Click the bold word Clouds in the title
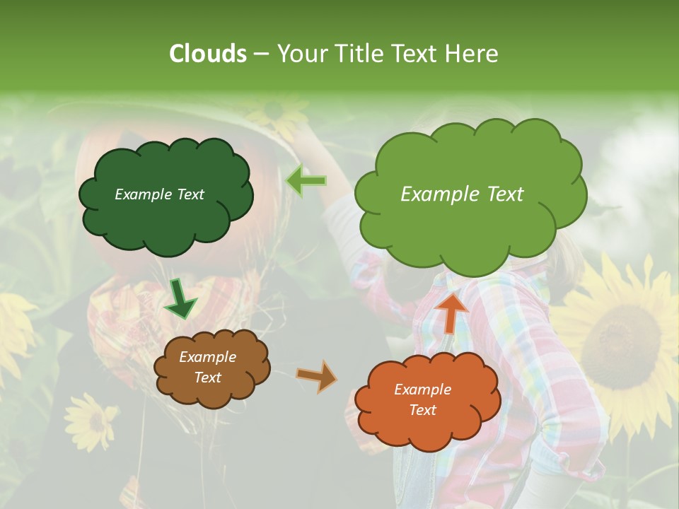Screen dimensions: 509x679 pos(208,54)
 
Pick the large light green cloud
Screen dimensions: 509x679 pos(470,194)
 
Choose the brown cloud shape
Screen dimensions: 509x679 pos(211,368)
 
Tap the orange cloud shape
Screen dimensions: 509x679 pos(427,400)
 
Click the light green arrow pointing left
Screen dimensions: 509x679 pos(306,181)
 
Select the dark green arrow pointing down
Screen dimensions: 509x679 pos(180,300)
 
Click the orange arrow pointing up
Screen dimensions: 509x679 pos(451,312)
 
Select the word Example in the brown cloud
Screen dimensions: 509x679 pos(208,357)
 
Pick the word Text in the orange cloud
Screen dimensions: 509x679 pos(423,410)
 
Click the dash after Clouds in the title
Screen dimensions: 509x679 pos(260,54)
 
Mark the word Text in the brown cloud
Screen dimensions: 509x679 pos(208,378)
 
